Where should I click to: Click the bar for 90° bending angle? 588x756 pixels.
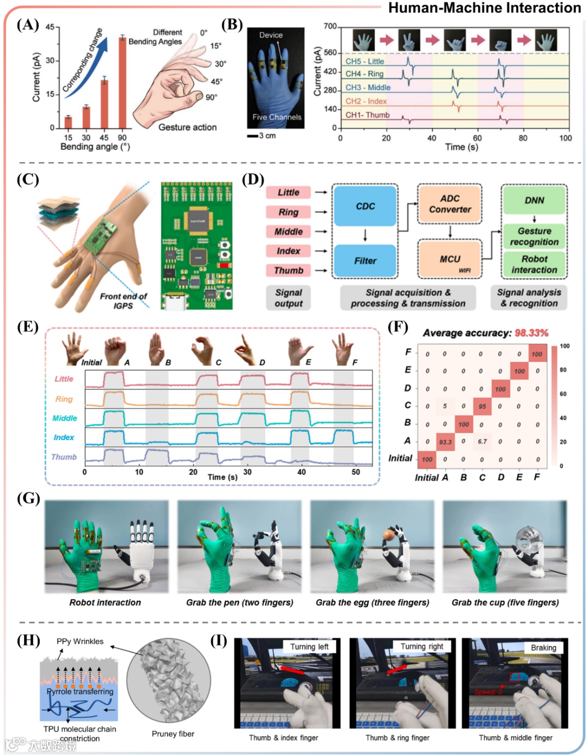[x=122, y=83]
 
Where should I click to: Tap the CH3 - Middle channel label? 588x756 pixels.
[x=368, y=87]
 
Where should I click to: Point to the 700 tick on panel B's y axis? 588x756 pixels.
[x=330, y=26]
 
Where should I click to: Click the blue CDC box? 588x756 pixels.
[x=365, y=206]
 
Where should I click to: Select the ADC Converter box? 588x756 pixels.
[x=450, y=204]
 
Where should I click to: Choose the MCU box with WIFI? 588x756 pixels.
[x=450, y=259]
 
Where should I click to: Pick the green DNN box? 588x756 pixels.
[x=534, y=200]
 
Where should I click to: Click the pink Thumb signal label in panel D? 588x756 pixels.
[x=289, y=271]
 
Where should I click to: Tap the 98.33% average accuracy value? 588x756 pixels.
[x=531, y=333]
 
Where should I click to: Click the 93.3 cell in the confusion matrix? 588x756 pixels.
[x=445, y=442]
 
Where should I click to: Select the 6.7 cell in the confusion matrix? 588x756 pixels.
[x=482, y=442]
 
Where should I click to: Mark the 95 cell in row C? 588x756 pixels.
[x=482, y=406]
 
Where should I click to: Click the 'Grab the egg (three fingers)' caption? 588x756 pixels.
[x=372, y=602]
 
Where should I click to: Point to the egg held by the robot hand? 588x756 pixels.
[x=389, y=535]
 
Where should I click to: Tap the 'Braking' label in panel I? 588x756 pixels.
[x=543, y=648]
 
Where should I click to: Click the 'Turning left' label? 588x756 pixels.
[x=309, y=647]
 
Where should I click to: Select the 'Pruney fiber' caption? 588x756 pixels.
[x=173, y=734]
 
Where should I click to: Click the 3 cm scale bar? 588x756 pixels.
[x=253, y=136]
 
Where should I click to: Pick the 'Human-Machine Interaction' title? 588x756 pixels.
[x=485, y=8]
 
